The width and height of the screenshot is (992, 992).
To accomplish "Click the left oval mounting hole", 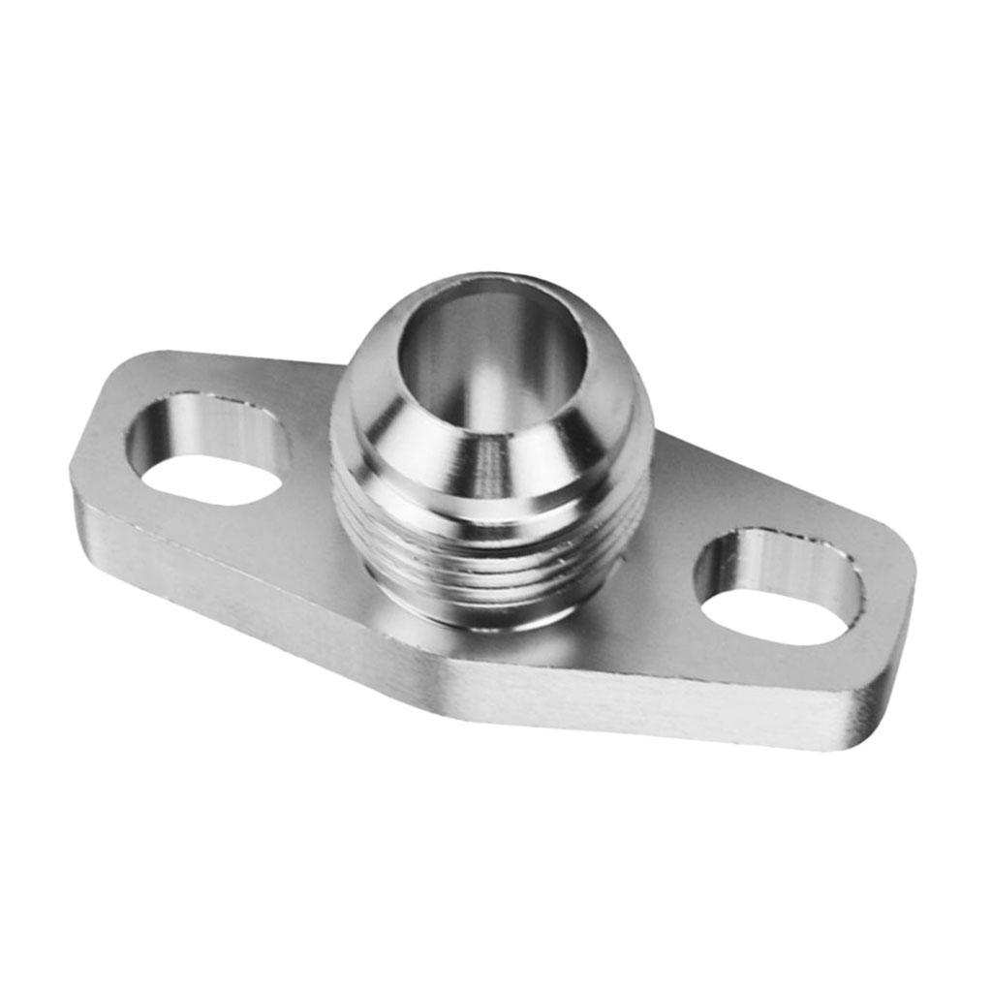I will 207,449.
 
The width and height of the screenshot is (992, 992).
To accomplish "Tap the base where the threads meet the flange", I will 484,620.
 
